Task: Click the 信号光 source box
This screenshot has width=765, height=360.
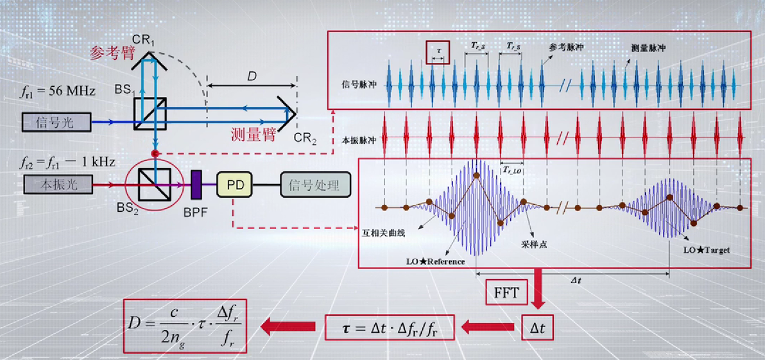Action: click(58, 121)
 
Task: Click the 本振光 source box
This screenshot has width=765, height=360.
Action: click(58, 184)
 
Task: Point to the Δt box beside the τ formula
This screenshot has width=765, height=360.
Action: click(537, 329)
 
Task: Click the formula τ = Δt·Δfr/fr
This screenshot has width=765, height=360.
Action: click(390, 329)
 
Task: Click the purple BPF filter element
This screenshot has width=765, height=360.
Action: click(196, 184)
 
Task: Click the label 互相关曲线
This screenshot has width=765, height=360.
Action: click(384, 233)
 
